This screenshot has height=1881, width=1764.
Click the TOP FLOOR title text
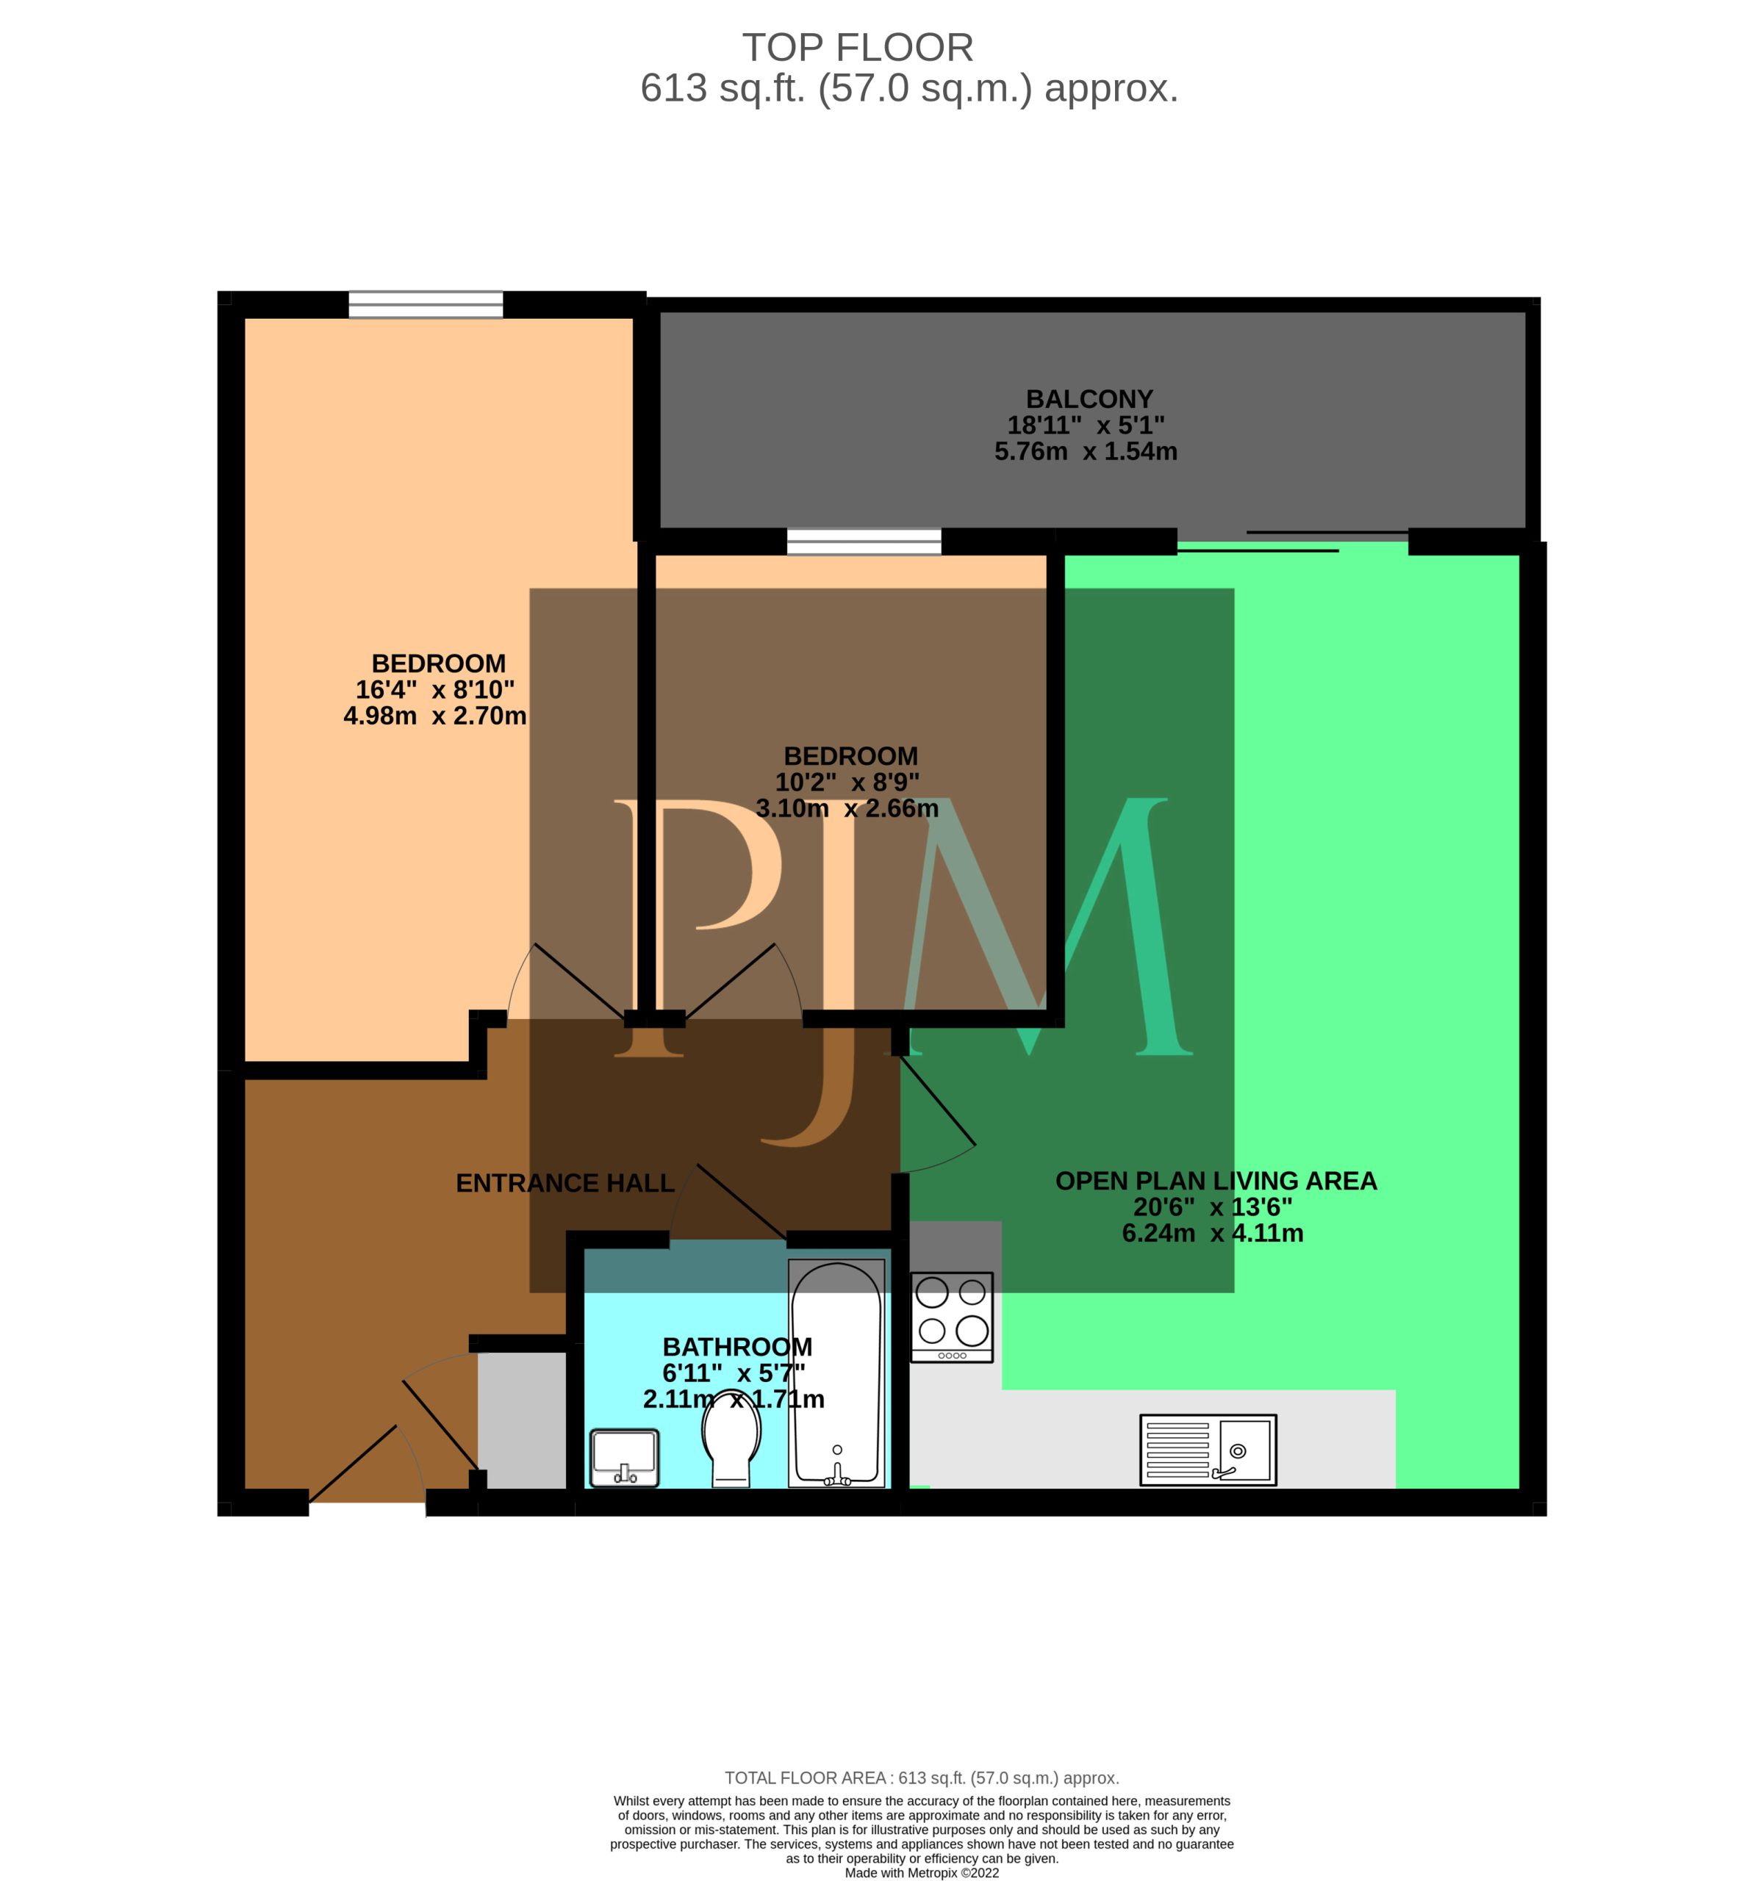pyautogui.click(x=858, y=47)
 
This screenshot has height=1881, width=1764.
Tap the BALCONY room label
pyautogui.click(x=1089, y=399)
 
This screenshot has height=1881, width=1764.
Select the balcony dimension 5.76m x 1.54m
pyautogui.click(x=1086, y=451)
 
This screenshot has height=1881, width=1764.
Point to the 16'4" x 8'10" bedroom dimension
pyautogui.click(x=435, y=690)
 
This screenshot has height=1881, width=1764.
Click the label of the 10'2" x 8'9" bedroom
pyautogui.click(x=851, y=756)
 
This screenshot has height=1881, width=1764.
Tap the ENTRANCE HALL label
pyautogui.click(x=565, y=1183)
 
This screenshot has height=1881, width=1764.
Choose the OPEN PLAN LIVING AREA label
pyautogui.click(x=1216, y=1181)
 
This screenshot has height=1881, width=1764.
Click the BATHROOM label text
pyautogui.click(x=737, y=1346)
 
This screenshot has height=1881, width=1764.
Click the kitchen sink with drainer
pyautogui.click(x=1208, y=1449)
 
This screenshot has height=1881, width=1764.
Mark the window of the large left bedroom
pyautogui.click(x=426, y=305)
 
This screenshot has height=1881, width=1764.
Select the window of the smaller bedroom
pyautogui.click(x=864, y=542)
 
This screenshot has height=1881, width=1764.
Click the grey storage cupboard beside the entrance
pyautogui.click(x=521, y=1420)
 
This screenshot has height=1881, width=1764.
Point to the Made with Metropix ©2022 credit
pyautogui.click(x=922, y=1872)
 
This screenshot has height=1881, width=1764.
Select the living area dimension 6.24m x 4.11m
pyautogui.click(x=1212, y=1233)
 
